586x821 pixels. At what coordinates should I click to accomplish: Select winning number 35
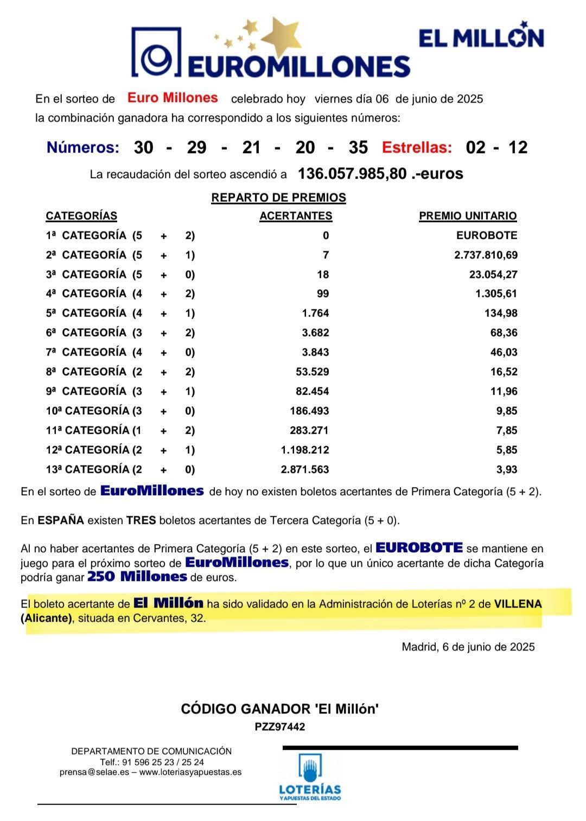358,147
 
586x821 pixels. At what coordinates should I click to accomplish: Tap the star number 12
518,147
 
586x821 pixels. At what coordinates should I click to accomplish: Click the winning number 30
143,147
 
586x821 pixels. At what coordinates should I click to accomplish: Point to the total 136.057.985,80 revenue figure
352,174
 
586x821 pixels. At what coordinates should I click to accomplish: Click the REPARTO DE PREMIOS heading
278,198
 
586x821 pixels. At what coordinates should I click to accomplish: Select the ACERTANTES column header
296,216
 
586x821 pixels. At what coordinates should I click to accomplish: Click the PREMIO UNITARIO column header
468,216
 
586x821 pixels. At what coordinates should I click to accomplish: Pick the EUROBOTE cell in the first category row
487,236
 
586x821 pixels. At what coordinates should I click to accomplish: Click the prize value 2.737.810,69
486,255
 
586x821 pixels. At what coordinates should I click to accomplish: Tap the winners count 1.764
315,313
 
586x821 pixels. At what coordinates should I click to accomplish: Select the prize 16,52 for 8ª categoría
504,372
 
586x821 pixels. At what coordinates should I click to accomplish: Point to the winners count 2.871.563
305,470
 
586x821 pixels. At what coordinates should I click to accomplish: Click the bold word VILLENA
518,604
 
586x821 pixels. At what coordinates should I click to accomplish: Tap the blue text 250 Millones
137,577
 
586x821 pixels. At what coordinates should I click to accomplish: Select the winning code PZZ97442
280,727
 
